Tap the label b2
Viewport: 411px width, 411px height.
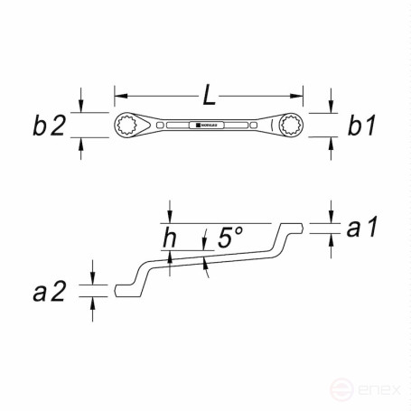pyautogui.click(x=50, y=126)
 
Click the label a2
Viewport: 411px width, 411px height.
pyautogui.click(x=51, y=291)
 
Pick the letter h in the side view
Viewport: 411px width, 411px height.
pyautogui.click(x=170, y=238)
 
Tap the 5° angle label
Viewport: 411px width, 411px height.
pyautogui.click(x=229, y=238)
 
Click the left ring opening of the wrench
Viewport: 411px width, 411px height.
pyautogui.click(x=126, y=126)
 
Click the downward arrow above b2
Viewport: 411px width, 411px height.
pyautogui.click(x=81, y=107)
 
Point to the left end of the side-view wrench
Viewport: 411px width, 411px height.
pyautogui.click(x=118, y=290)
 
